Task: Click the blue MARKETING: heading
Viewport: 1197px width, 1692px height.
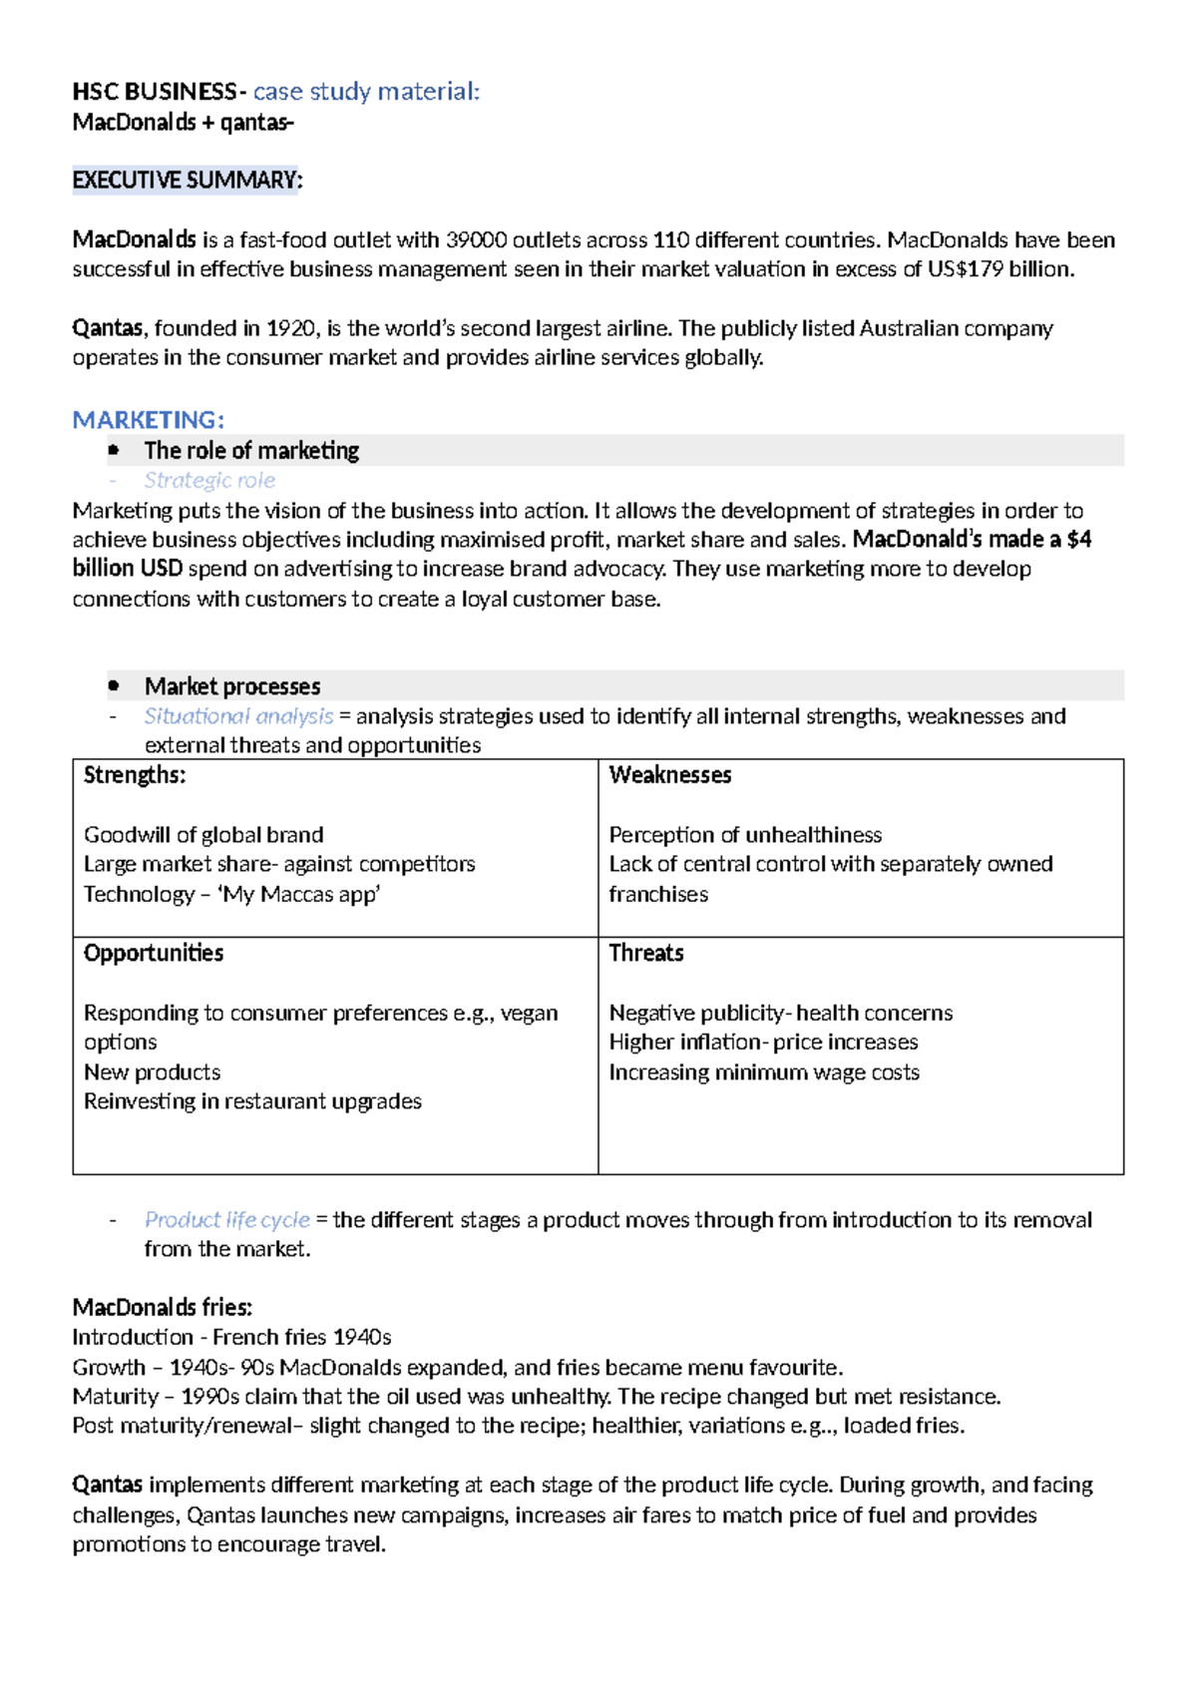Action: coord(148,420)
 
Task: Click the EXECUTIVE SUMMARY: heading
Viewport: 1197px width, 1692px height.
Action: coord(187,181)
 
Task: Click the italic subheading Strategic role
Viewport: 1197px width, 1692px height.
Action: coord(209,480)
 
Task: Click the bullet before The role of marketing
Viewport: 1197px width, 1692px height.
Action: coord(114,451)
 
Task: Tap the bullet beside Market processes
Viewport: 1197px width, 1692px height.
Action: coord(114,686)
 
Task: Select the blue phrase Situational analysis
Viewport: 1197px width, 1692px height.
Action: coord(238,716)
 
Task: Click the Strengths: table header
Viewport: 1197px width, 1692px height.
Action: coord(135,775)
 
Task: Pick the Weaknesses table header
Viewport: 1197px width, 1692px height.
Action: coord(669,775)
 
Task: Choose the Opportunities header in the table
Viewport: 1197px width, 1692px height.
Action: coord(154,953)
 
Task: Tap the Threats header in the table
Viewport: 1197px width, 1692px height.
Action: coord(646,953)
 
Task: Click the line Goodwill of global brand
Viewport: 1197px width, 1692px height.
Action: coord(203,835)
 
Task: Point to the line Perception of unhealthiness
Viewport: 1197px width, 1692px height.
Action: coord(745,835)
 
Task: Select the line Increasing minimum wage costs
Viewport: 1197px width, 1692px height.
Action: coord(764,1072)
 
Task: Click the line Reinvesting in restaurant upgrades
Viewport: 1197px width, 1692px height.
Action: coord(252,1101)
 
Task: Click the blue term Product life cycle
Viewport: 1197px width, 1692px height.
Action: coord(226,1220)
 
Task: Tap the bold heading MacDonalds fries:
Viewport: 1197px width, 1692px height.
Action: coord(162,1308)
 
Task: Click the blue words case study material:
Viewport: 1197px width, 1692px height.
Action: coord(366,92)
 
